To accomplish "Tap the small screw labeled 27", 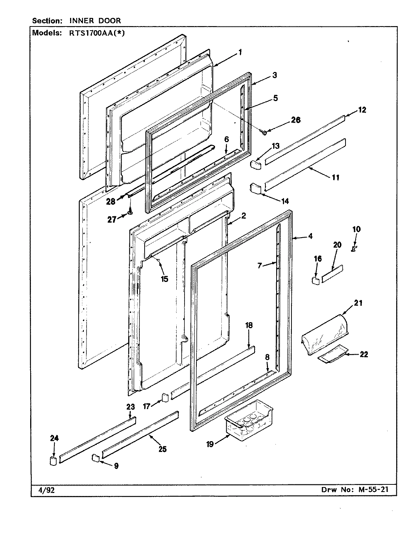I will pos(130,212).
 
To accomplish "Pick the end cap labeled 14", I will pos(256,188).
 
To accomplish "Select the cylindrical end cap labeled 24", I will pos(53,461).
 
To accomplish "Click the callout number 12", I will pos(362,110).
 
